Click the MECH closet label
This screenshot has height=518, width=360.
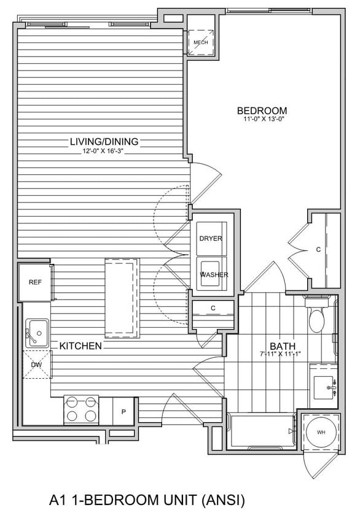(x=200, y=42)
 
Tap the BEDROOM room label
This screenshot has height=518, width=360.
(x=262, y=110)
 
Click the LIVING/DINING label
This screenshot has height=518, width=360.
(x=104, y=142)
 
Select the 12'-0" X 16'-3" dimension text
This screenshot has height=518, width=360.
(x=104, y=151)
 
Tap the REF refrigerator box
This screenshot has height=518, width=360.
(x=34, y=282)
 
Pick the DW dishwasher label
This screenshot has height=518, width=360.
(x=36, y=365)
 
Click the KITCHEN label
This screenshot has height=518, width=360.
(x=80, y=346)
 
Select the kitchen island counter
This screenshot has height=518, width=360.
(x=121, y=298)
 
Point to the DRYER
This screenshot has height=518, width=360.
(x=211, y=238)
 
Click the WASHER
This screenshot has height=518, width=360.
(x=213, y=274)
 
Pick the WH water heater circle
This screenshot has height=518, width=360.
(x=321, y=432)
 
